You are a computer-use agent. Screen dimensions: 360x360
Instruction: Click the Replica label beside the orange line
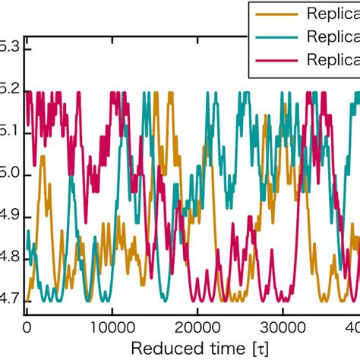332,13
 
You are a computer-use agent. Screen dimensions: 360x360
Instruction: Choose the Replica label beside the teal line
332,36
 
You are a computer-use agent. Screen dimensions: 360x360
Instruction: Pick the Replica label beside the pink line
332,60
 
